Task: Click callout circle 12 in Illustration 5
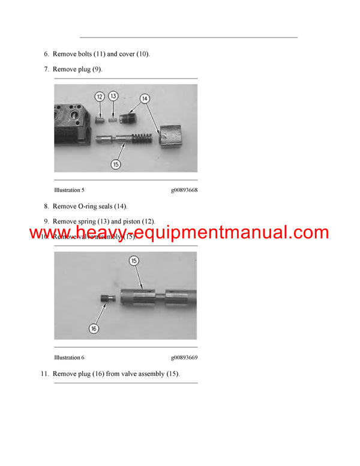coord(100,96)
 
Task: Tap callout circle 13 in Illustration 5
coord(113,96)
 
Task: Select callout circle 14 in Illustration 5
coord(145,98)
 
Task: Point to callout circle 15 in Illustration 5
coord(116,163)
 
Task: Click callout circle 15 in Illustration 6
coord(134,261)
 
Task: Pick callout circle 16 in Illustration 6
coord(94,328)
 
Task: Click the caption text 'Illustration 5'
coord(69,190)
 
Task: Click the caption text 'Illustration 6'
coord(69,358)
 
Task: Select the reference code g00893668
coord(184,190)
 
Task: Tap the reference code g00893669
coord(184,358)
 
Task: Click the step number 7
coord(46,70)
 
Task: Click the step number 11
coord(44,374)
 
